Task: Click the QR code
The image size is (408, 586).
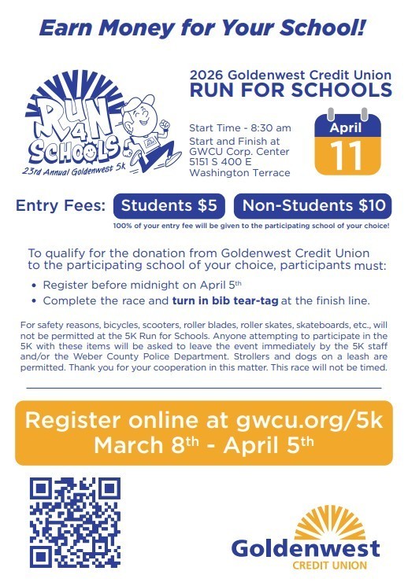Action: click(x=74, y=522)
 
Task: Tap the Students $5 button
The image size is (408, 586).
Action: click(x=169, y=206)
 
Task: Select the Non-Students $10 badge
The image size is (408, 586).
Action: click(x=312, y=206)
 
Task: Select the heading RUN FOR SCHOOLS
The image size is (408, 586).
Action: click(x=290, y=90)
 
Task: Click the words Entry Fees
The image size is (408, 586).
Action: click(x=61, y=207)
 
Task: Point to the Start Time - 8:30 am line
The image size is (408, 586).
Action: click(x=240, y=128)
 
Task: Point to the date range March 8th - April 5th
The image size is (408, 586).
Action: click(x=203, y=444)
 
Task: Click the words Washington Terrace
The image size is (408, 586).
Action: click(x=239, y=173)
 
